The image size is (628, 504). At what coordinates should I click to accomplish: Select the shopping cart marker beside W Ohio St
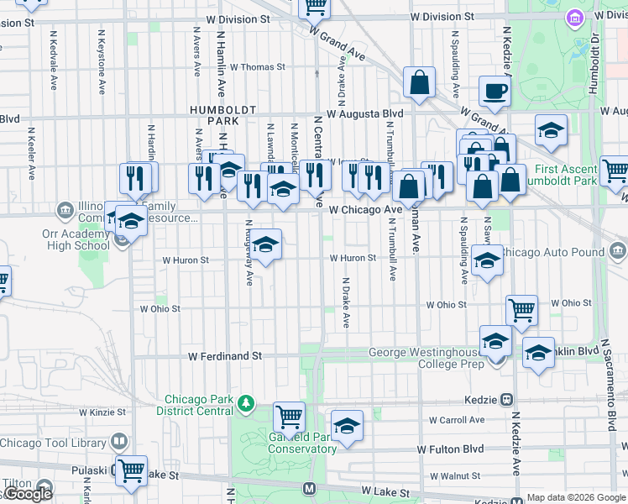click(521, 309)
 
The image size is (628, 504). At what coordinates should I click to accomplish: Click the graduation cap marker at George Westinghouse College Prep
click(495, 341)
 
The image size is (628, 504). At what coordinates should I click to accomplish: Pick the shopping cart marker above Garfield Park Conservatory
click(289, 416)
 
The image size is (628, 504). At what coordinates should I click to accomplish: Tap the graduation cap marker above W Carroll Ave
click(347, 425)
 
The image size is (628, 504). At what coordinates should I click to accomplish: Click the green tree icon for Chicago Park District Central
click(246, 404)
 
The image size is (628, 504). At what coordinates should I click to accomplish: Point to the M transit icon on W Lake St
click(310, 488)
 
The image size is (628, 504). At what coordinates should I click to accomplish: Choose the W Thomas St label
click(257, 66)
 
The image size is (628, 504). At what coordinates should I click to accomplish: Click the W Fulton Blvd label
click(452, 449)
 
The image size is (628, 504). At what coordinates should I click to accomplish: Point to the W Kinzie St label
click(102, 413)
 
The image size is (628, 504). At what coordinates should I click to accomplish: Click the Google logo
click(29, 494)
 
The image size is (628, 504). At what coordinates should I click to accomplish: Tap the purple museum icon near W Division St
click(575, 18)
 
